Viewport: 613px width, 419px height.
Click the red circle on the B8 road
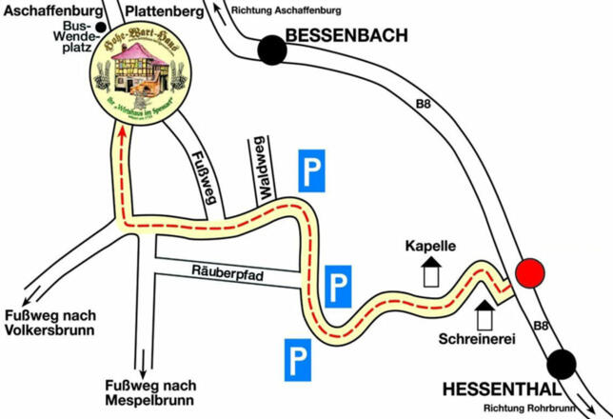point(530,275)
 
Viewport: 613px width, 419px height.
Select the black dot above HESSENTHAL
point(563,363)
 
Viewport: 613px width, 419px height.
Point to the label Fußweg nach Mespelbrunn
point(149,392)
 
